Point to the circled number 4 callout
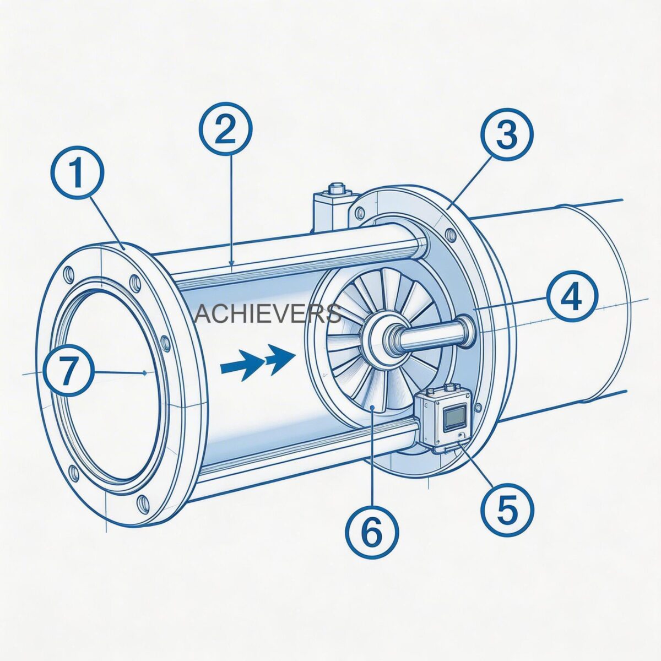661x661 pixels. coord(571,297)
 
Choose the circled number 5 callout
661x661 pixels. coord(506,508)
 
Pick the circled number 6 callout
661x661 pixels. coord(372,530)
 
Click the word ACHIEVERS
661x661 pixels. coord(268,314)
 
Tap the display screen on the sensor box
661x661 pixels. coord(455,418)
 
